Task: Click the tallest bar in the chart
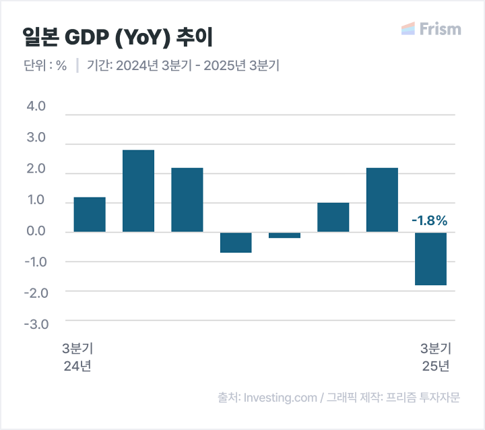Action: pyautogui.click(x=138, y=191)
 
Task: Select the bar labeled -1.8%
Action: pyautogui.click(x=430, y=259)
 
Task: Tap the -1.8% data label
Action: pyautogui.click(x=429, y=220)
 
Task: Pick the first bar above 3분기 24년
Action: pyautogui.click(x=90, y=214)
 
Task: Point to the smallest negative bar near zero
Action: pyautogui.click(x=284, y=235)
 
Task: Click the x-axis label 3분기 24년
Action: pyautogui.click(x=77, y=357)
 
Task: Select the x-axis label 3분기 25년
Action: pyautogui.click(x=435, y=357)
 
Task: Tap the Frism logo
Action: pyautogui.click(x=431, y=29)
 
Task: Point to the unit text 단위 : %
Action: pyautogui.click(x=44, y=66)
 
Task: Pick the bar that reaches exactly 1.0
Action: pyautogui.click(x=333, y=217)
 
